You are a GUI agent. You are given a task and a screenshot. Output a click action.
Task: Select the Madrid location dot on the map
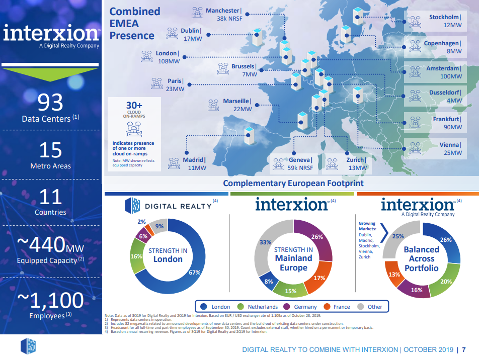(186, 152)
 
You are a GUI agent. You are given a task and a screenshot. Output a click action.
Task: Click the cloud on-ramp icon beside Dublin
(173, 34)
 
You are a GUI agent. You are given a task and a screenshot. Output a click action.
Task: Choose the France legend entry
(338, 307)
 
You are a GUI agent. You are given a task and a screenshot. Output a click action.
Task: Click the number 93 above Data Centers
(51, 103)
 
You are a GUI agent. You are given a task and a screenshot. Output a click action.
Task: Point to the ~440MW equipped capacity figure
(50, 245)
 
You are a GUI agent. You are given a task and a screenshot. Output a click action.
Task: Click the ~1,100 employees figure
(50, 300)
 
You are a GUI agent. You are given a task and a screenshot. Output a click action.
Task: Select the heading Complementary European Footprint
(293, 184)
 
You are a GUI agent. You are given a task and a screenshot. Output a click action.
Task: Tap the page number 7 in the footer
(463, 349)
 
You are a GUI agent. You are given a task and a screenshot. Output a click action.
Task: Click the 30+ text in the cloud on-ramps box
(133, 105)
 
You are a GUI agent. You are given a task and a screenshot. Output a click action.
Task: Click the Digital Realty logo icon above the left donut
(132, 206)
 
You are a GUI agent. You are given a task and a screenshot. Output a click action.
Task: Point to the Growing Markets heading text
(367, 226)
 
